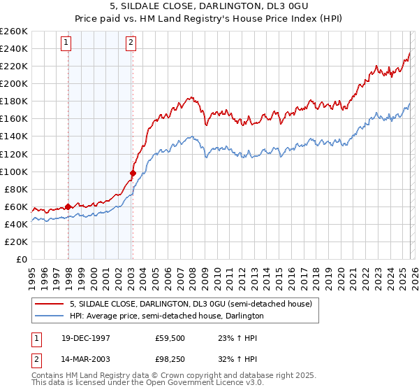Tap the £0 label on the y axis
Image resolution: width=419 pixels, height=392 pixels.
(22, 260)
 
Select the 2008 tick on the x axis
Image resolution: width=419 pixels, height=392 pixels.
(192, 274)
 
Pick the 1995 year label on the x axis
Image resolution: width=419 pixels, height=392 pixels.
(32, 274)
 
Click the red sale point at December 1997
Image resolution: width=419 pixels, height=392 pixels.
(68, 206)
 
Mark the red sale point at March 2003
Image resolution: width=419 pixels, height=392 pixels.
(133, 172)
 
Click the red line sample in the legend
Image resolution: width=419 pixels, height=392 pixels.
(50, 304)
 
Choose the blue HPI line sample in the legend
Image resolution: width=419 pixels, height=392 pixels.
(50, 316)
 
